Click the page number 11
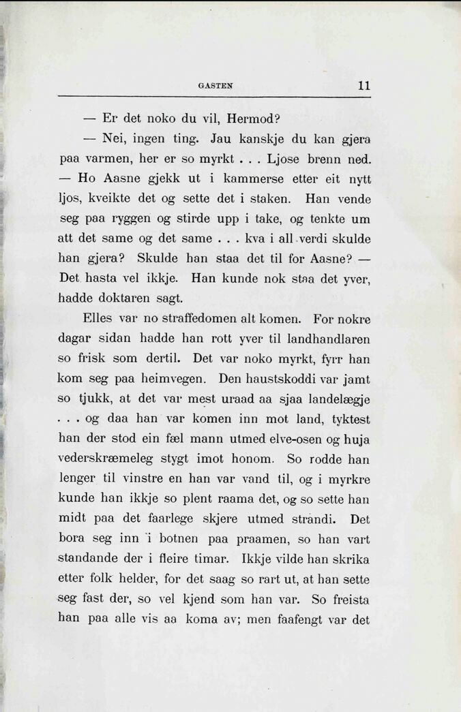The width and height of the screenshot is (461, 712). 363,86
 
